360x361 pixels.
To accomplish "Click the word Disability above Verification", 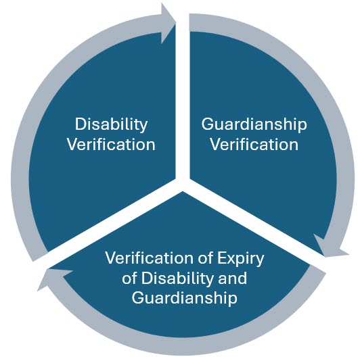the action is (x=111, y=125).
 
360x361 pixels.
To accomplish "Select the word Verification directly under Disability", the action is (x=111, y=145).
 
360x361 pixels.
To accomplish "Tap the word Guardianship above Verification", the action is (x=254, y=125).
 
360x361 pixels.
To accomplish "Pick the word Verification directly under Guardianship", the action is (x=254, y=145).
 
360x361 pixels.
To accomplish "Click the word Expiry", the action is (x=241, y=259).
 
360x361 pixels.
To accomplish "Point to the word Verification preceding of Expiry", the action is (x=149, y=258).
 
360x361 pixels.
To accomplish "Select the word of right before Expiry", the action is (x=205, y=258).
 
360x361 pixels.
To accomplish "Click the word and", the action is (x=232, y=278).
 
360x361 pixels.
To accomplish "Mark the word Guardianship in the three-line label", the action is (x=184, y=299).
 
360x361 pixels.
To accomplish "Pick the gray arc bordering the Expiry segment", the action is (x=184, y=346).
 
